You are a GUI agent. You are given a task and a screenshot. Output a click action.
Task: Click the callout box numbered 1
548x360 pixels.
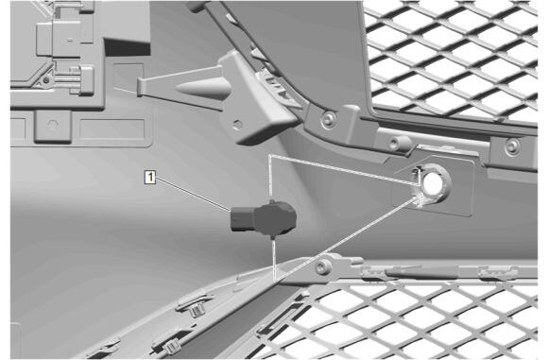point(150,177)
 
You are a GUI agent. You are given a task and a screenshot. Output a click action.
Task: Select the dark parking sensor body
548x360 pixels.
point(264,218)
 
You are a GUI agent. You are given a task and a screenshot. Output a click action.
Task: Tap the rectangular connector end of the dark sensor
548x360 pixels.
point(242,219)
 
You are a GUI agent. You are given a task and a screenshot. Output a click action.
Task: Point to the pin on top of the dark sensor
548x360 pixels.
point(272,201)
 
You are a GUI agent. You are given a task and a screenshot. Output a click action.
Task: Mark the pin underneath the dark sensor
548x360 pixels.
point(273,237)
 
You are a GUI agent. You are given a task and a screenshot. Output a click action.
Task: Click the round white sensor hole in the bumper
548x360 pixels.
point(433,182)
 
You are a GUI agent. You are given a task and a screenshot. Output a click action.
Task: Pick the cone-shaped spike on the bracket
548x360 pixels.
point(203,88)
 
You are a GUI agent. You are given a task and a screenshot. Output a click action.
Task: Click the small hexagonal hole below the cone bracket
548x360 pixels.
point(238,125)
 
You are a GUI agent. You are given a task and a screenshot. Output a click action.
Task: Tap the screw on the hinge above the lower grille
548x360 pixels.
point(323,267)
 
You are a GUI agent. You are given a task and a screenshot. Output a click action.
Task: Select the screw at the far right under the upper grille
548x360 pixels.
point(512,146)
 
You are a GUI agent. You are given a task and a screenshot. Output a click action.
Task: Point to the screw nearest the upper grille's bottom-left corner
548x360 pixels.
point(329,120)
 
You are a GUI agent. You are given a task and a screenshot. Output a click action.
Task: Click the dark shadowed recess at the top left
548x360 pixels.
point(128,47)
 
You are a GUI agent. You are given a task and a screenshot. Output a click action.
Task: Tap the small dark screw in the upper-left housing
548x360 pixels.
point(46,80)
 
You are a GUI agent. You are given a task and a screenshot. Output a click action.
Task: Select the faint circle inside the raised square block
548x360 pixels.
point(53,125)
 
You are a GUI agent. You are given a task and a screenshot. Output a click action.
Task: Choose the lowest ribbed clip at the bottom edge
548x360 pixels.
point(172,346)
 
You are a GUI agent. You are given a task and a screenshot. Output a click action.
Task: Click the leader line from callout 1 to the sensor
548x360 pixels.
point(194,195)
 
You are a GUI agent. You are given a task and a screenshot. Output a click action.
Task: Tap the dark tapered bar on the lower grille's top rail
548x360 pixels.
point(420,272)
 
